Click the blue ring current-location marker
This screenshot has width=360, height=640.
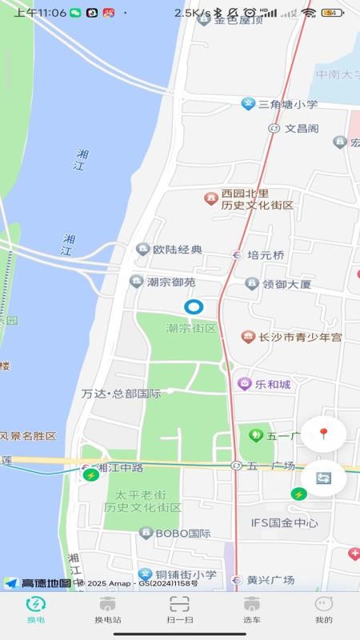pyautogui.click(x=194, y=306)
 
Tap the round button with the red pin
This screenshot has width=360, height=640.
pyautogui.click(x=323, y=434)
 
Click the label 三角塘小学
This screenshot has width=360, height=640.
pyautogui.click(x=287, y=104)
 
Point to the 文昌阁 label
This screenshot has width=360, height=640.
pyautogui.click(x=302, y=128)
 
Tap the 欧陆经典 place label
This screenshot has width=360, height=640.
pyautogui.click(x=178, y=250)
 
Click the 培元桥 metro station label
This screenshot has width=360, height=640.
pyautogui.click(x=265, y=255)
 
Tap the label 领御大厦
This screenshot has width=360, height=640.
pyautogui.click(x=286, y=284)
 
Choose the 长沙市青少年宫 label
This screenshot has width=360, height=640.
pyautogui.click(x=299, y=338)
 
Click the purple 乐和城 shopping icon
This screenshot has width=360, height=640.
pyautogui.click(x=245, y=384)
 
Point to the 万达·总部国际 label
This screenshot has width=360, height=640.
pyautogui.click(x=121, y=394)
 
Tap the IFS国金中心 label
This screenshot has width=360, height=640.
pyautogui.click(x=284, y=523)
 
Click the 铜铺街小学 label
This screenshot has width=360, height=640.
pyautogui.click(x=186, y=574)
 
